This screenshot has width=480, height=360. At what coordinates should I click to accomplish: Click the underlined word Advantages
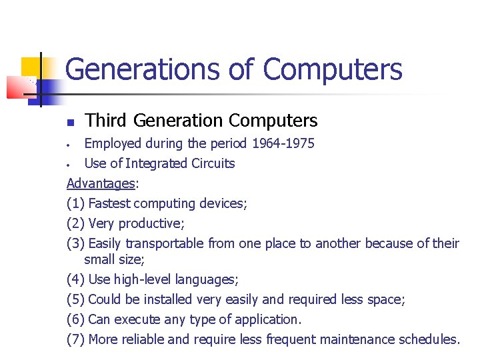point(99,183)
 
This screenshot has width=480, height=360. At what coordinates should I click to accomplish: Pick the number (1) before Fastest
point(75,203)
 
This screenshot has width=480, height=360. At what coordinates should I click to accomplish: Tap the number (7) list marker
point(75,339)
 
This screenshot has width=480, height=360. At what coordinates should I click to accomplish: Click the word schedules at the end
point(429,339)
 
